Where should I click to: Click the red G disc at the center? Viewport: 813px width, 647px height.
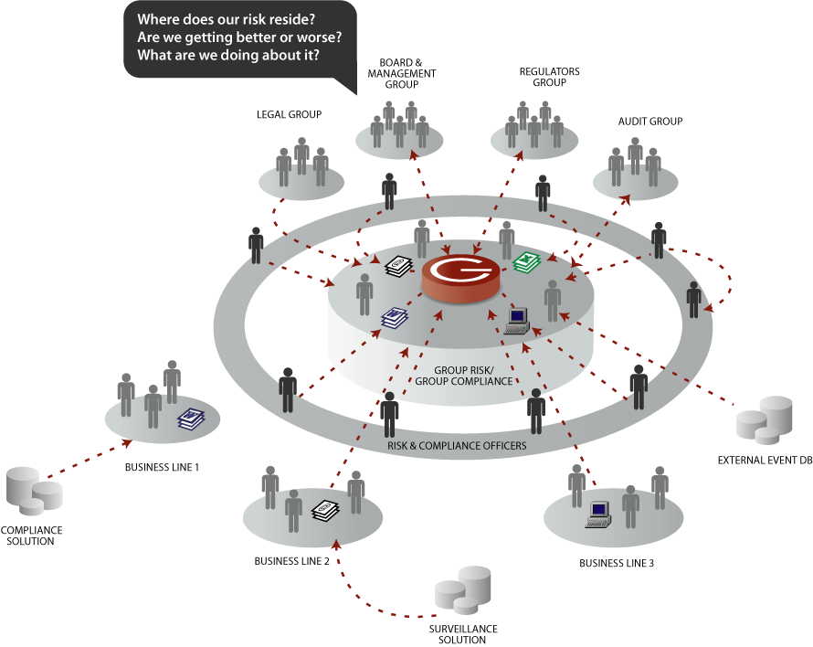point(460,274)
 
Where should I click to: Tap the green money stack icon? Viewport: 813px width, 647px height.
point(527,263)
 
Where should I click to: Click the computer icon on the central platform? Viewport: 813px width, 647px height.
point(518,320)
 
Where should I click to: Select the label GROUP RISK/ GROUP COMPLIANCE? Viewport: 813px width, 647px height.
point(464,376)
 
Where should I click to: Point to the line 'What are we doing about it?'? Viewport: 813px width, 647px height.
point(234,55)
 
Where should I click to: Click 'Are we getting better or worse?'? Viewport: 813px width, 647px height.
point(239,37)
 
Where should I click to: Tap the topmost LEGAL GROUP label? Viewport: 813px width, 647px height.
point(289,115)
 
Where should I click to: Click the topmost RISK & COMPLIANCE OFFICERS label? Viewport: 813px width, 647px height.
point(457,446)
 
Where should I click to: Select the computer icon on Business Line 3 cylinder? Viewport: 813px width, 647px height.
point(598,514)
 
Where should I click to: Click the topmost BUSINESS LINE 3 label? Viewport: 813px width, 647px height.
point(617,563)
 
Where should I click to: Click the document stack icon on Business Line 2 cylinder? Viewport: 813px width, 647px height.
point(325,510)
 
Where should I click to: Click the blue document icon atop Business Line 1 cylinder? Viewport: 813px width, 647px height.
point(190,419)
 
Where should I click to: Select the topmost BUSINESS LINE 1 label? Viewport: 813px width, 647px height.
point(162,468)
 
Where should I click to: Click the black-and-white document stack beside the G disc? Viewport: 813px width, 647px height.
point(398,266)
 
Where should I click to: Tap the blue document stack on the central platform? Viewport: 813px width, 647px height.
point(395,317)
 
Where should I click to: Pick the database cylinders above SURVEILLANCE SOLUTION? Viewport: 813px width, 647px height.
point(463,594)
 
